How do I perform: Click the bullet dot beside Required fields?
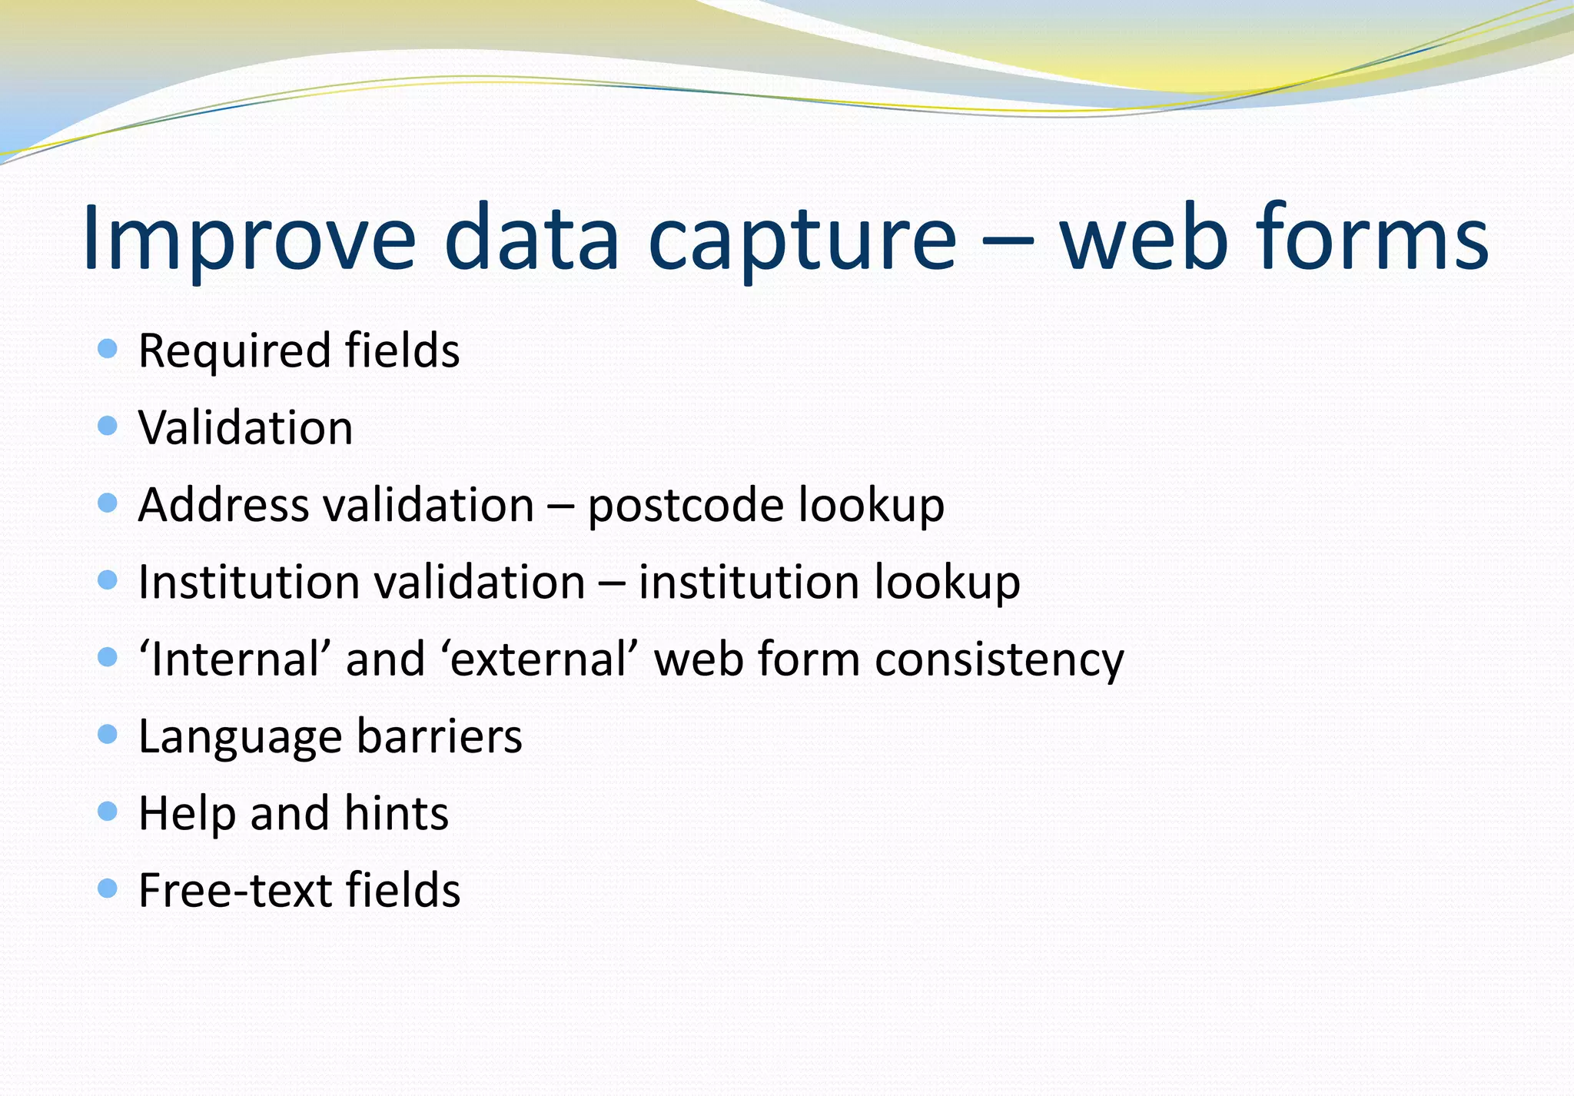tap(108, 349)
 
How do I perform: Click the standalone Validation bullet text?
tap(245, 427)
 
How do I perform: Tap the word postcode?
tap(686, 506)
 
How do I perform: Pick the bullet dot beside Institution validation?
tap(108, 580)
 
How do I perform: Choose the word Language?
tap(240, 737)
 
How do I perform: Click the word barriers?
tap(439, 736)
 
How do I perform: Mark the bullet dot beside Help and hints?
tap(108, 812)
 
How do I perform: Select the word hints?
tap(396, 813)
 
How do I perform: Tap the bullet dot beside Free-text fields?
tap(108, 889)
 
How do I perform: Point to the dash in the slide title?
tap(1008, 238)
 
